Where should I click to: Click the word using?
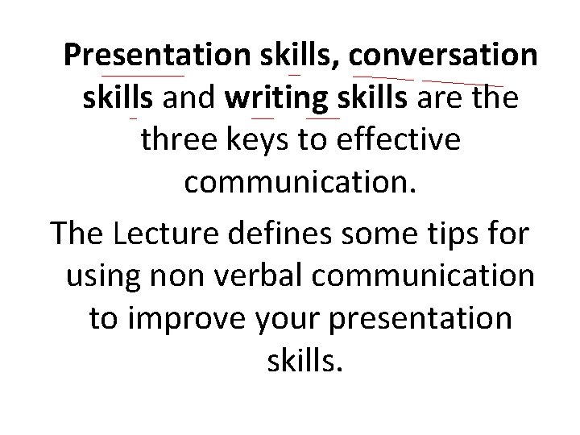pos(103,276)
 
